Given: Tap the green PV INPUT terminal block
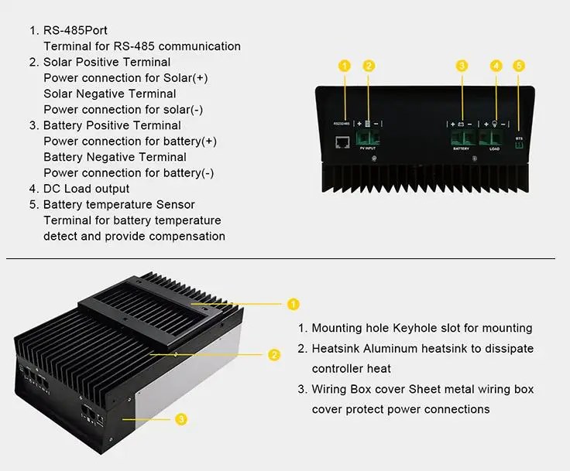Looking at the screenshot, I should pos(369,138).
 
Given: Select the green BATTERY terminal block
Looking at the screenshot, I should pos(462,137).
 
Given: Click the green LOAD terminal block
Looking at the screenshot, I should pos(493,138).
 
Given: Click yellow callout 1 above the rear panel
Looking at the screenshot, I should pos(345,66).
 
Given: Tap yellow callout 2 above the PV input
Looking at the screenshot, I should pos(369,66).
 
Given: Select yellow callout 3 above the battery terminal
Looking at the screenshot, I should pos(462,66).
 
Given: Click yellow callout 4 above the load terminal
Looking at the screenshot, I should pos(496,66).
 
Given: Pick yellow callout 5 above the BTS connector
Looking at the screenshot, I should pos(520,66).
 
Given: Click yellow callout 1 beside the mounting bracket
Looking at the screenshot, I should pos(293,304).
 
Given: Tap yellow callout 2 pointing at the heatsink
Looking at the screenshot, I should pos(273,355).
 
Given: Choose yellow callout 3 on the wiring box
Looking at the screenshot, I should pos(180,419).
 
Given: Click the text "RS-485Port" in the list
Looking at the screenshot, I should pos(75,30).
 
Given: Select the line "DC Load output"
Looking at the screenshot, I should pos(86,189).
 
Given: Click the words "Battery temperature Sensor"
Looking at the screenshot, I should pos(118,204).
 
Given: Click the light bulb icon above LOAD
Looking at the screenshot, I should pos(495,124).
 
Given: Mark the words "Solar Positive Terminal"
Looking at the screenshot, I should pos(106,62).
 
